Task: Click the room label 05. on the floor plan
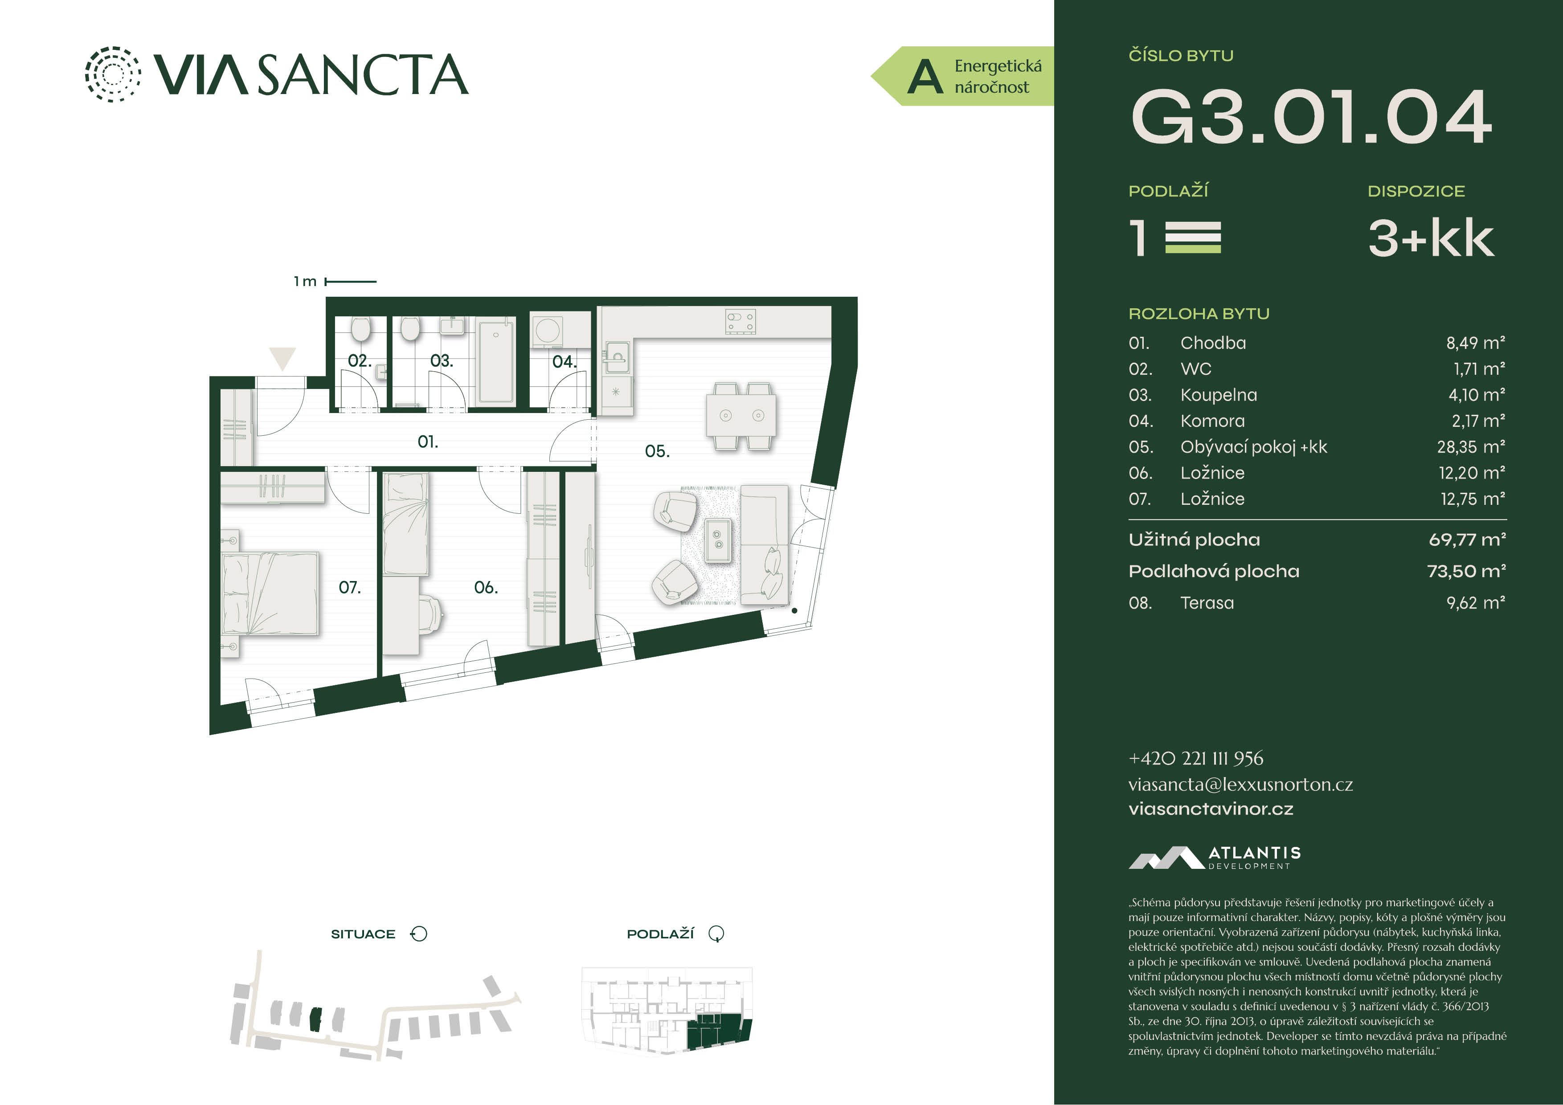coord(657,451)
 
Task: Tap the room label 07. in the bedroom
coord(349,587)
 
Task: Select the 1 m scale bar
coord(351,281)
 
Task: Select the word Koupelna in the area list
coord(1219,395)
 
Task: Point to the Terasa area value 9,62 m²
coord(1476,602)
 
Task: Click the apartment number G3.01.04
coord(1311,117)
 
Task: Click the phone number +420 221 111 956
coord(1195,758)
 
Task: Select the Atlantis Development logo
coord(1215,858)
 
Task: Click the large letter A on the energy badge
coord(925,77)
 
